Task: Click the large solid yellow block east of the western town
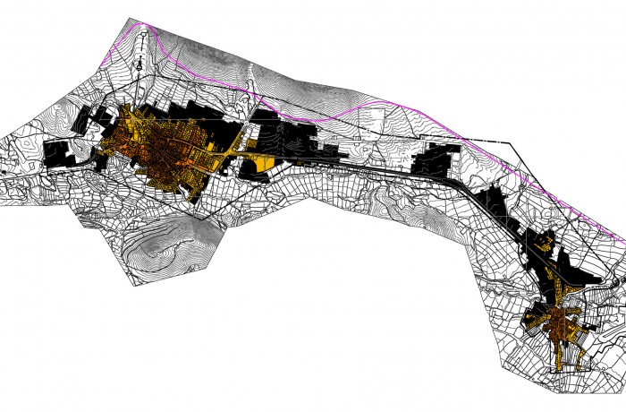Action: click(x=260, y=163)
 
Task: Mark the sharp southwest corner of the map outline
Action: click(x=134, y=285)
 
